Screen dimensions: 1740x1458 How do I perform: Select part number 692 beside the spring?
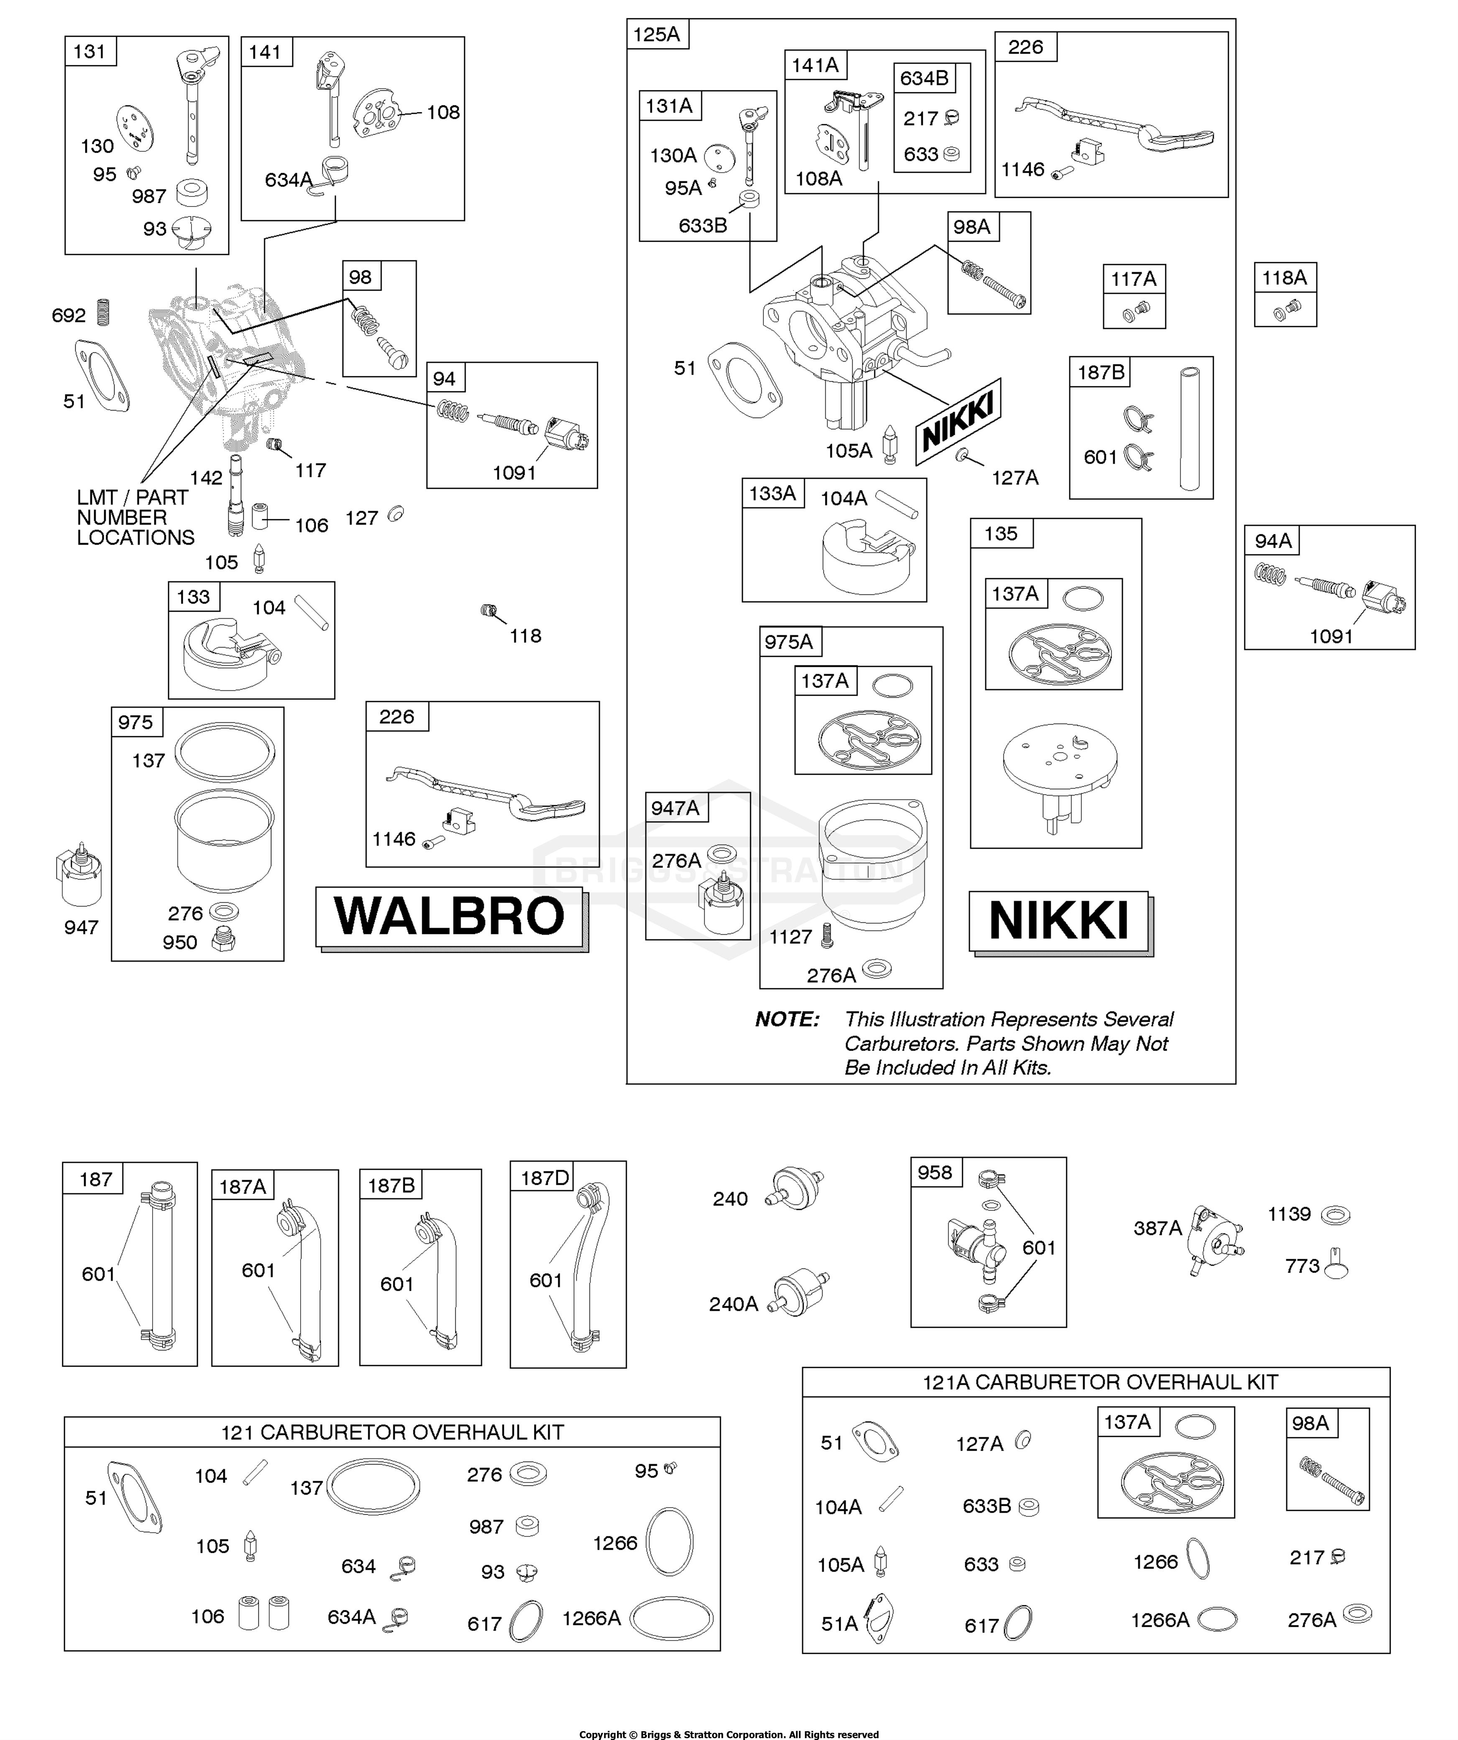coord(69,316)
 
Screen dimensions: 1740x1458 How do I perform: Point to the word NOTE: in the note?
coord(786,1019)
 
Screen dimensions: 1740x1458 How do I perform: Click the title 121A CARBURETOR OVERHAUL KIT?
coord(1100,1382)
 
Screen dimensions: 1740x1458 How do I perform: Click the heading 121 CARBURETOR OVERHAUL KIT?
coord(392,1433)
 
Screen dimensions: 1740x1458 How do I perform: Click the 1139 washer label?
coord(1289,1214)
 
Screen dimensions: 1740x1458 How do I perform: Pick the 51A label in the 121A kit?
coord(839,1624)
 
